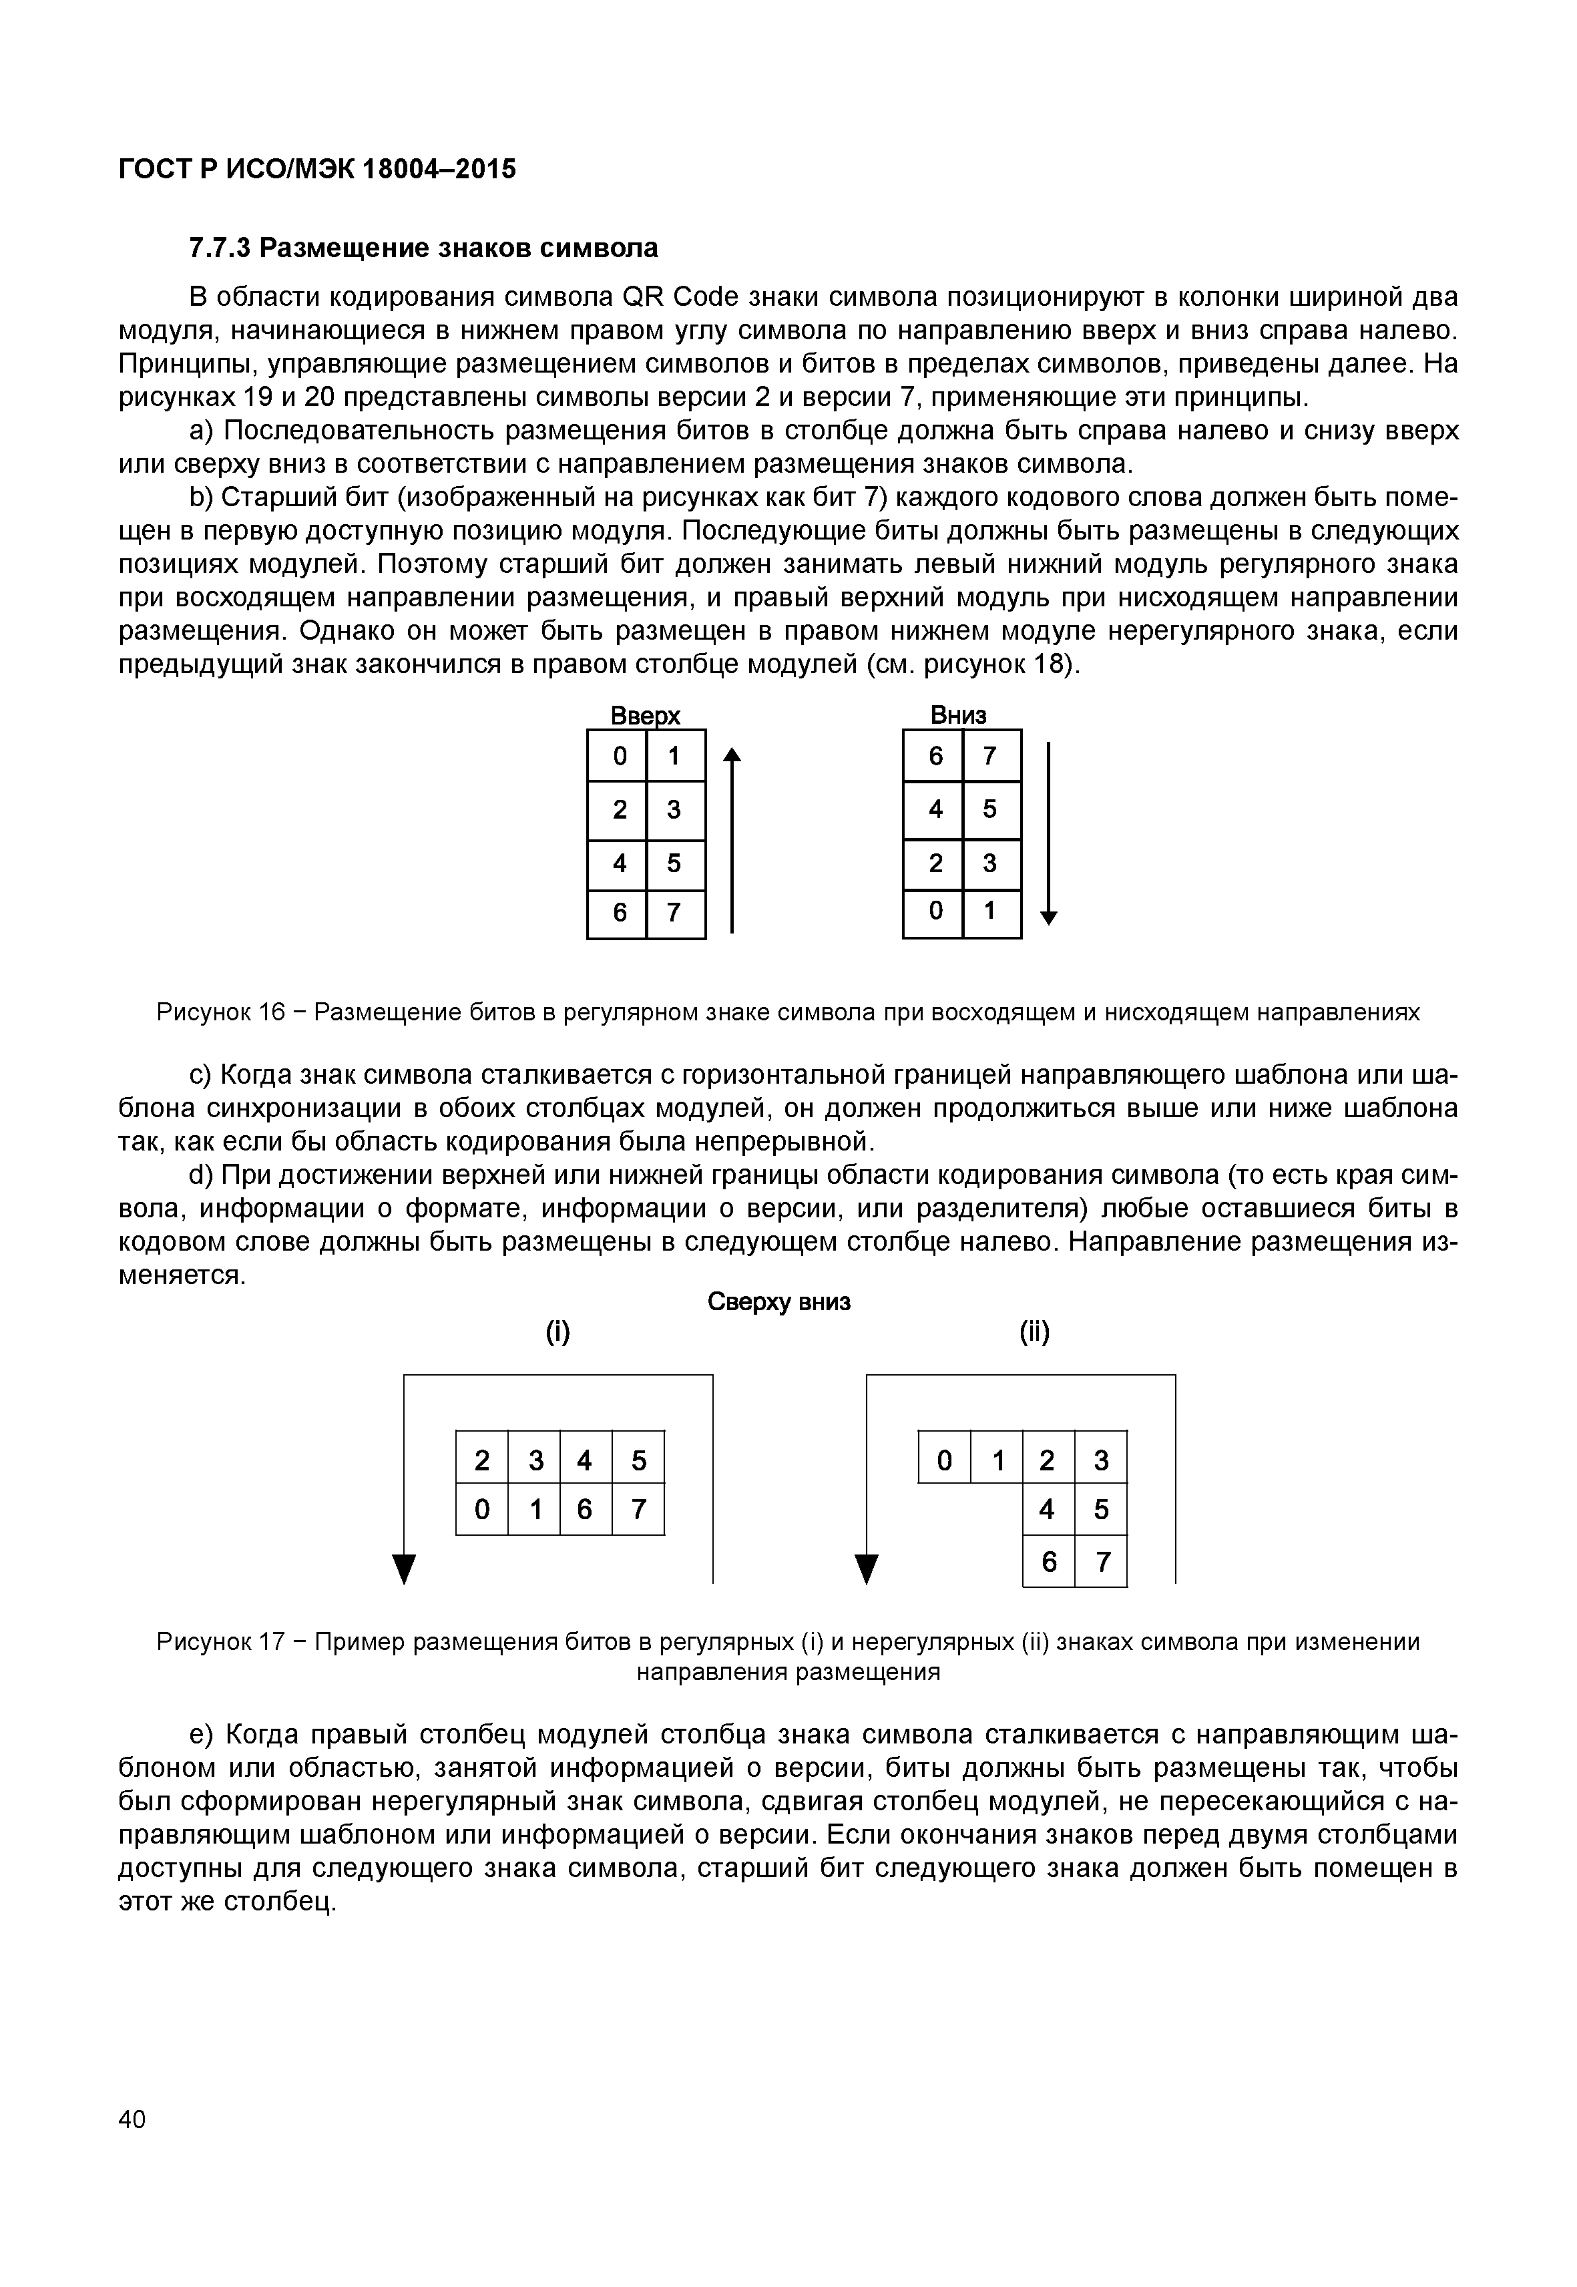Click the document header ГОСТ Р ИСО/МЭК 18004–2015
316,170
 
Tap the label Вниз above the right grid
959,714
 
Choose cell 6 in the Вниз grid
935,756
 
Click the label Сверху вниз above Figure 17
778,1303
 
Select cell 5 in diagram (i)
638,1459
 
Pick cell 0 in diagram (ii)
945,1459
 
